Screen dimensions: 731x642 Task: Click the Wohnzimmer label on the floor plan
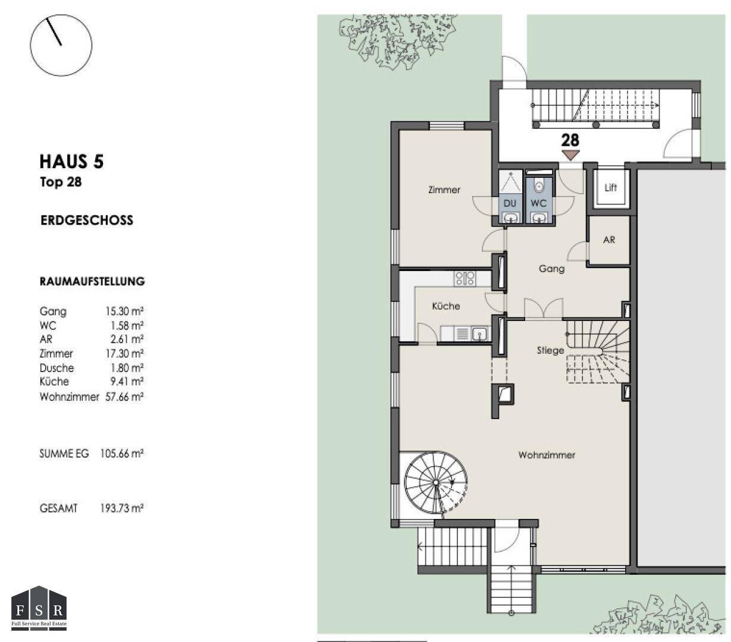[547, 455]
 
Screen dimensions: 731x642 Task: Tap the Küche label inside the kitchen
[446, 306]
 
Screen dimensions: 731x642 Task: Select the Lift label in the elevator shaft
[610, 188]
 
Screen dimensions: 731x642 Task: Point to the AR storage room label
[609, 240]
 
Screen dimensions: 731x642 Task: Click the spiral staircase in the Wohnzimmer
[435, 482]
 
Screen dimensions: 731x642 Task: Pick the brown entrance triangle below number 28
[570, 155]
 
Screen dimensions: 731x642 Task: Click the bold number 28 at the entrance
[570, 140]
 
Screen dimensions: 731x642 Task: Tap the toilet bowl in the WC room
[539, 186]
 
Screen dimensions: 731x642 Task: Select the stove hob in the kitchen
[465, 278]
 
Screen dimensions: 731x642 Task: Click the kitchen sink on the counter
[480, 333]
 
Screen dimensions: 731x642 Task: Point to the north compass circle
[61, 45]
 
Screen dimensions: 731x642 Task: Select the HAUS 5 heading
[72, 161]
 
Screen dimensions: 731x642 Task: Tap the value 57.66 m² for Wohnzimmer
[124, 396]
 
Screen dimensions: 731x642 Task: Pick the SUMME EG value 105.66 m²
[122, 453]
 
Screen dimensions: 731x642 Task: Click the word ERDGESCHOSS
[87, 220]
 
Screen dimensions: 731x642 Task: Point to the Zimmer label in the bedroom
[444, 190]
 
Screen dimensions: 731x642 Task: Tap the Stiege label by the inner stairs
[550, 350]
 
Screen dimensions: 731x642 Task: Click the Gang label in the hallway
[552, 269]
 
